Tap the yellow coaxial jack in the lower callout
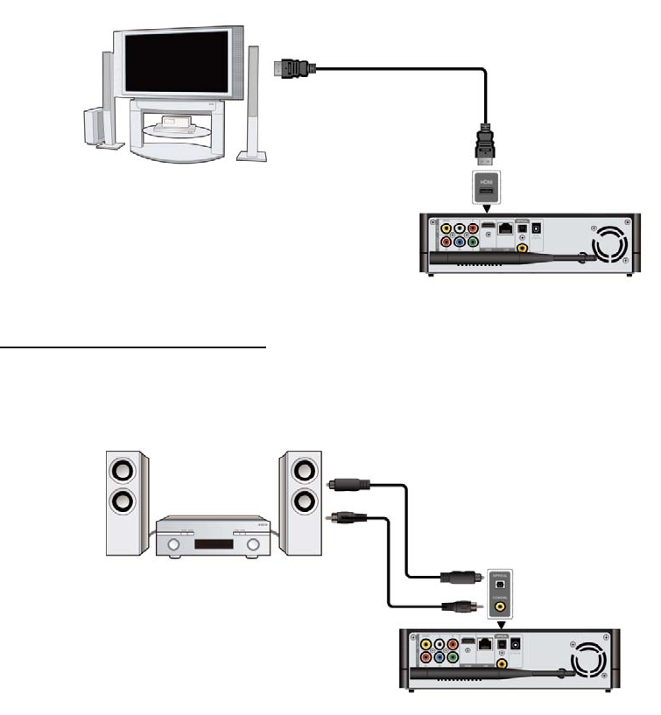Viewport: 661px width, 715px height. pyautogui.click(x=499, y=602)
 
